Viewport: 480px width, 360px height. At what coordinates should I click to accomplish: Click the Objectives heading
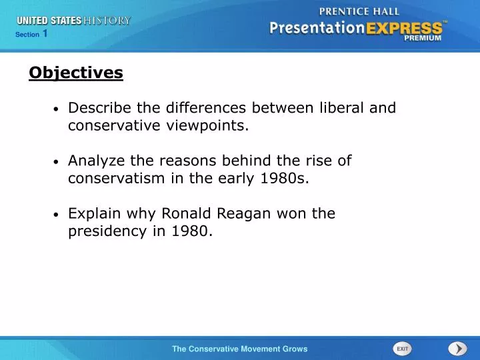[x=76, y=73]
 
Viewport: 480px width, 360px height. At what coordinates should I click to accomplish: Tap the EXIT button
[x=402, y=349]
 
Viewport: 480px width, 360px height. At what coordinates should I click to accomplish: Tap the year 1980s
[x=287, y=179]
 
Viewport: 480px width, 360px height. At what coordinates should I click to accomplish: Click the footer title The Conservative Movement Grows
[x=240, y=349]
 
